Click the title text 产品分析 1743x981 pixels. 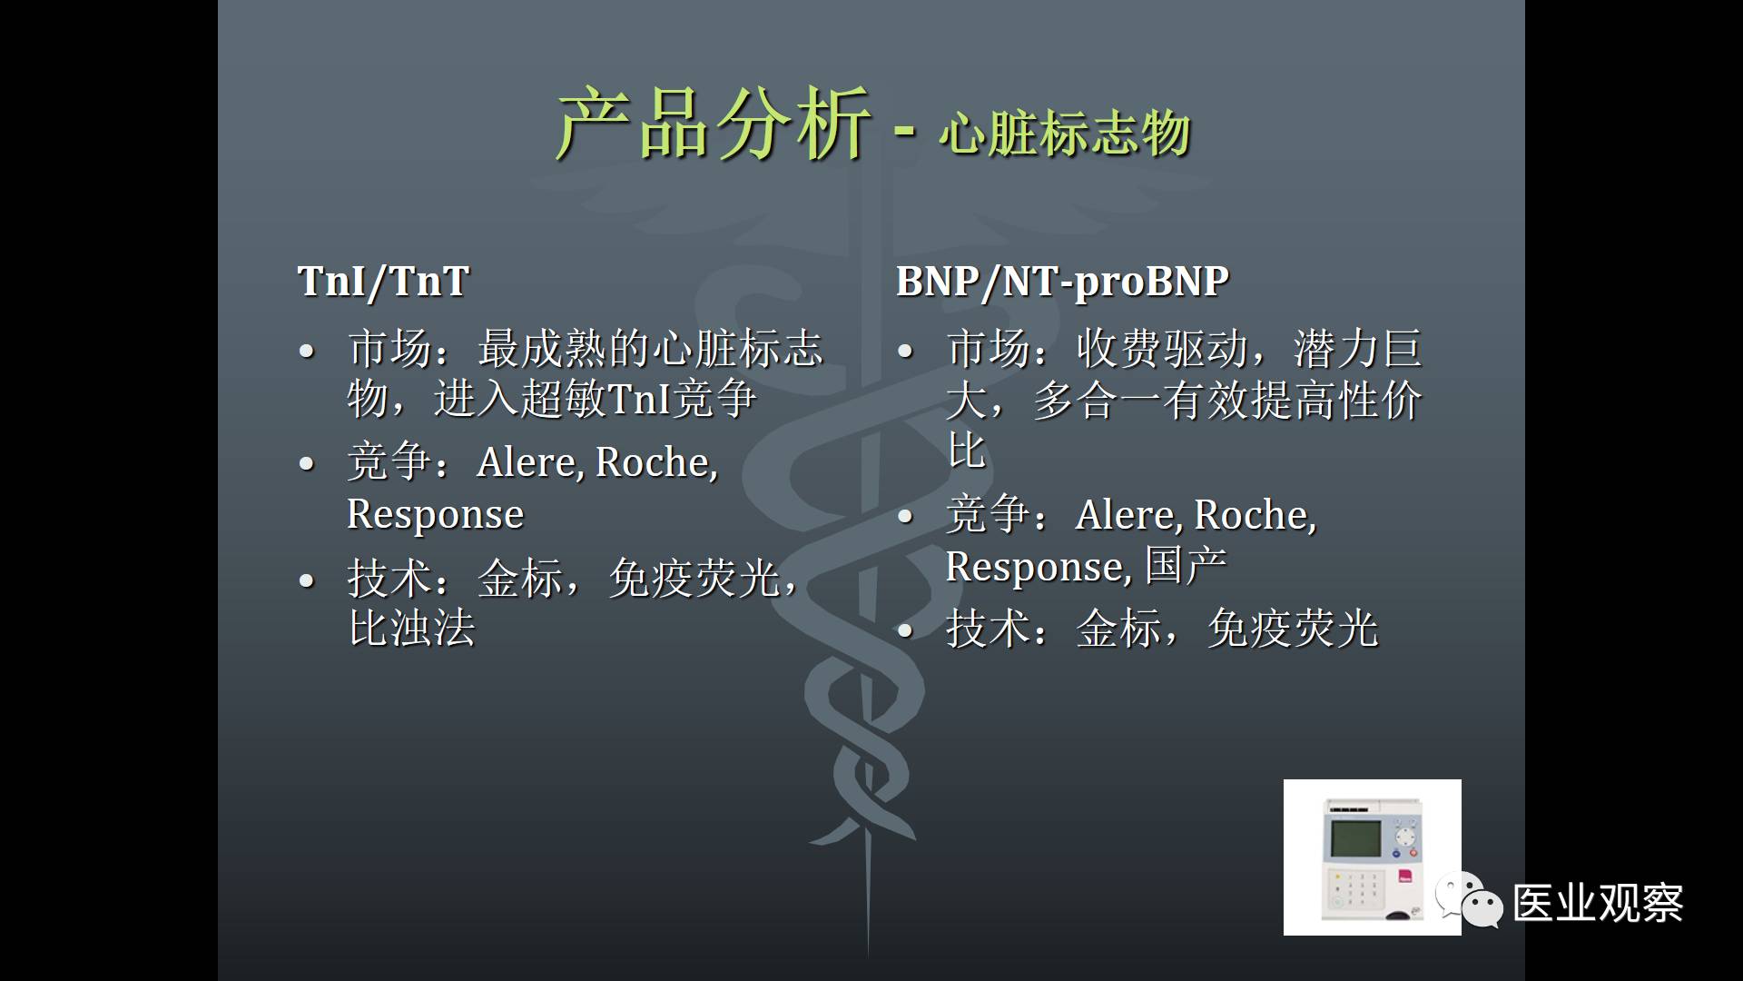click(714, 124)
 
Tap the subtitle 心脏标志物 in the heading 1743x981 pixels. click(1065, 133)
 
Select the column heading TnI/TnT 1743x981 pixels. click(383, 281)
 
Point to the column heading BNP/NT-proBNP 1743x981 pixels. click(1062, 282)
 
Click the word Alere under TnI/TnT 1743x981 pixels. click(530, 462)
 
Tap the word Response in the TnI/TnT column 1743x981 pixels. click(436, 515)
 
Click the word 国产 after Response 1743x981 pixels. click(1186, 566)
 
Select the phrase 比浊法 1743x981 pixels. click(412, 628)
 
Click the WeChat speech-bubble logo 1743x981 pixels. click(1469, 900)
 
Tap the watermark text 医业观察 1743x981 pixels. click(1599, 904)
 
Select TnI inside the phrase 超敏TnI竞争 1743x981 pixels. click(638, 398)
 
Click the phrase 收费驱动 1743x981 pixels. click(1162, 350)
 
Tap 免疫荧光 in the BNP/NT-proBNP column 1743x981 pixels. click(1293, 629)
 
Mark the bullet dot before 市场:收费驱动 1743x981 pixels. click(904, 351)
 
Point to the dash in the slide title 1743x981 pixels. click(904, 132)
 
